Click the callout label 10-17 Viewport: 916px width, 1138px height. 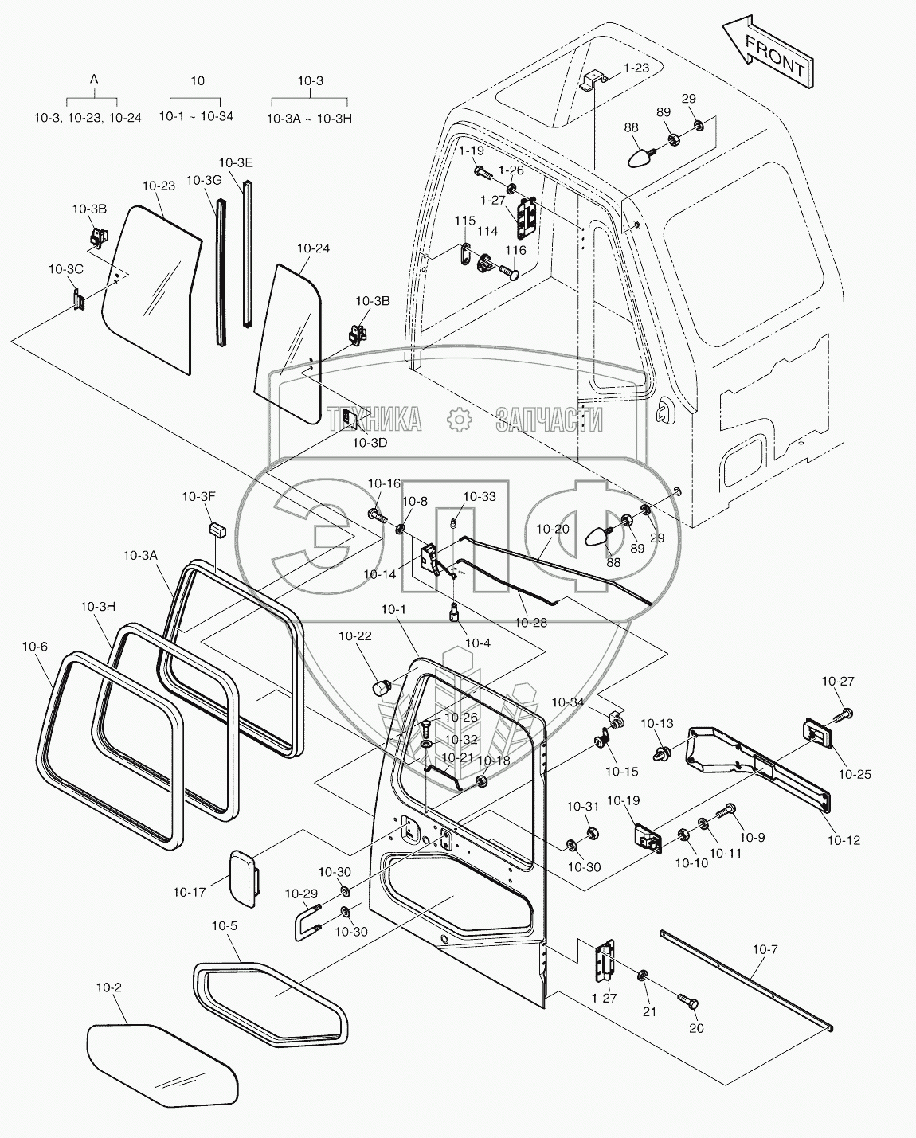click(190, 892)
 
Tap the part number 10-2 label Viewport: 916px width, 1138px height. click(109, 987)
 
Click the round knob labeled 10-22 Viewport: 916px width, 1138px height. click(382, 687)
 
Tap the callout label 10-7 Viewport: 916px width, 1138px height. click(765, 949)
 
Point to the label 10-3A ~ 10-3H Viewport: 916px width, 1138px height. click(309, 118)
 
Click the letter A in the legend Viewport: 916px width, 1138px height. click(94, 80)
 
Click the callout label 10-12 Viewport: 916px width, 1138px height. click(844, 839)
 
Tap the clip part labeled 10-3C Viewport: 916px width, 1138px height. click(78, 300)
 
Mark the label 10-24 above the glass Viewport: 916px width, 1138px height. click(313, 248)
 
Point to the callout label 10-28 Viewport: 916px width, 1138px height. click(530, 623)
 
